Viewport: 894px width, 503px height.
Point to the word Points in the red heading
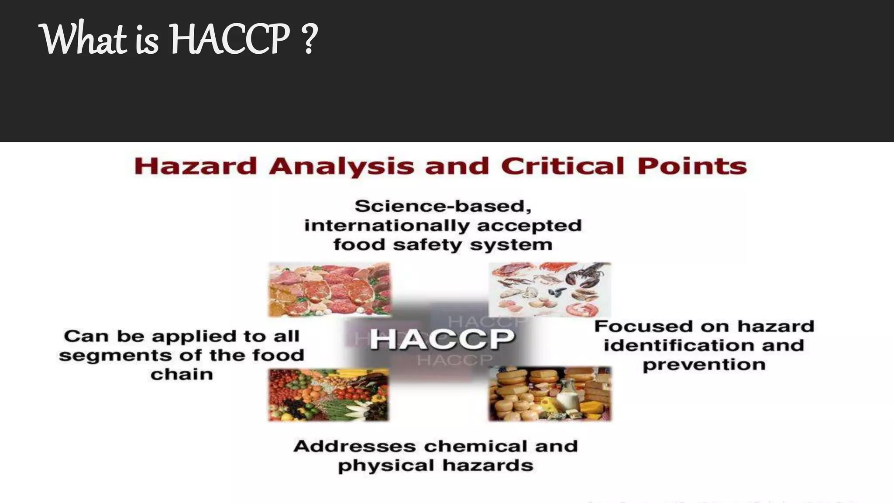coord(692,167)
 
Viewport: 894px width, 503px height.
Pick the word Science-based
coord(443,206)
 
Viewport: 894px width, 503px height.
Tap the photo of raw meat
coord(329,289)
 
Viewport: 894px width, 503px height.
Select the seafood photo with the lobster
coord(550,289)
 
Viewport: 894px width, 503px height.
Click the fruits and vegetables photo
coord(328,395)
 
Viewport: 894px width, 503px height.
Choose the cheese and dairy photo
coord(550,394)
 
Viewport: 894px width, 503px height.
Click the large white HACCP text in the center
coord(442,340)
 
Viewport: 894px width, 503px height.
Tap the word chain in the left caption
coord(182,375)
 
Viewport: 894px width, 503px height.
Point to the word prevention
coord(704,365)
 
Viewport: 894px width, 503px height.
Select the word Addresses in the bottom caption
coord(354,446)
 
